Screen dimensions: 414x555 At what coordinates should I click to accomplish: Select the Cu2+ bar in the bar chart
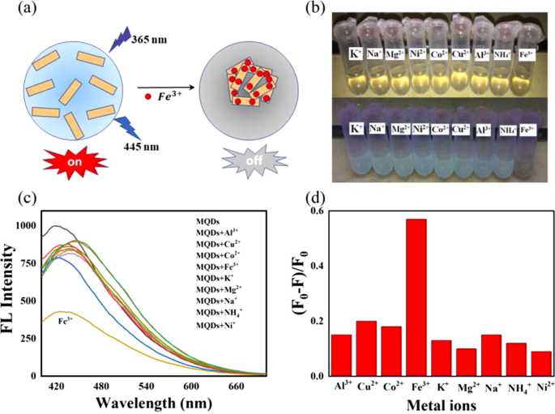point(366,348)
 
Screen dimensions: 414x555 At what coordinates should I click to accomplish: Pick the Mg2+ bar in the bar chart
point(465,362)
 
